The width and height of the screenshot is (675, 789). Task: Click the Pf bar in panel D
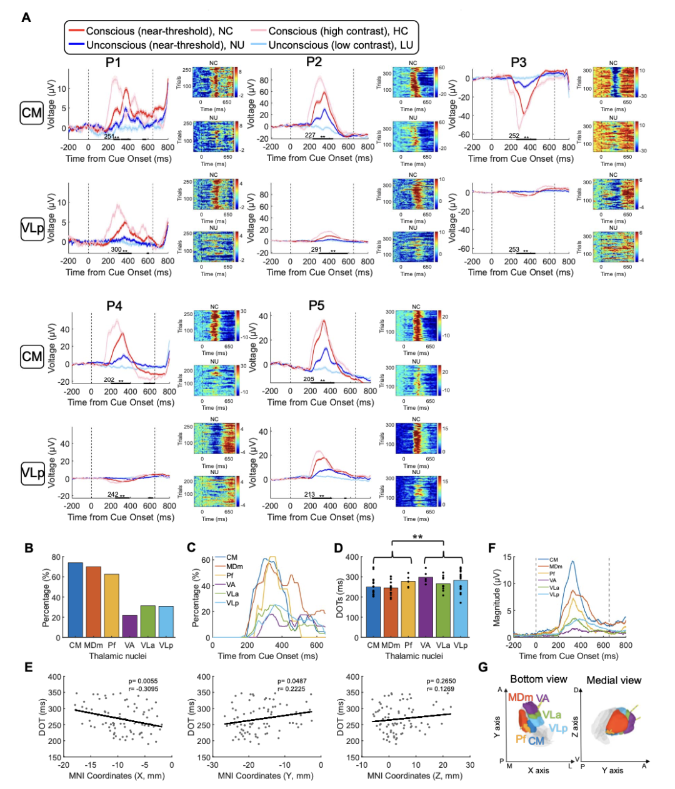[x=408, y=609]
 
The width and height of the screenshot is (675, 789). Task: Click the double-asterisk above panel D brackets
[x=417, y=537]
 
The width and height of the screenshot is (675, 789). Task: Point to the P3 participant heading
[x=518, y=62]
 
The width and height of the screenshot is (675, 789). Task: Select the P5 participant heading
[x=316, y=305]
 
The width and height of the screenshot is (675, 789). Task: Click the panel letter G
[x=482, y=667]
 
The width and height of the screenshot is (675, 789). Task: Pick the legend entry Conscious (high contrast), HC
[x=330, y=31]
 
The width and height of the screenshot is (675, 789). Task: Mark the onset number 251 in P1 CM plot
[x=109, y=136]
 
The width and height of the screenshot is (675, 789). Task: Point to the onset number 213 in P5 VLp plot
[x=309, y=494]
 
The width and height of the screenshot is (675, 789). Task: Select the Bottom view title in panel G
[x=538, y=679]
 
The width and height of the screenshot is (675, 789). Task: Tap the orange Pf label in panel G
[x=521, y=739]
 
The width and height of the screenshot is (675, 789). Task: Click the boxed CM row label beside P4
[x=32, y=357]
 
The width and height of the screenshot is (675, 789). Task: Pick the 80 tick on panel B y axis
[x=56, y=557]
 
